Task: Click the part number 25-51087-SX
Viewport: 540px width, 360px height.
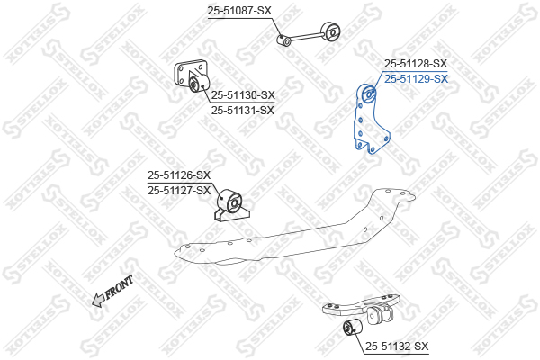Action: pyautogui.click(x=239, y=11)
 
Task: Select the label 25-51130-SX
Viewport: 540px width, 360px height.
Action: pyautogui.click(x=243, y=95)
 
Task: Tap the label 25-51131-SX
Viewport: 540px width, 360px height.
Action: pyautogui.click(x=243, y=111)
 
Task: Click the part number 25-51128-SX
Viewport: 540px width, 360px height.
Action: pyautogui.click(x=416, y=63)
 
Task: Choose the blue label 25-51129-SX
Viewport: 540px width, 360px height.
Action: pyautogui.click(x=416, y=79)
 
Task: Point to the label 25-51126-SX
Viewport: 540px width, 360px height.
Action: pyautogui.click(x=179, y=175)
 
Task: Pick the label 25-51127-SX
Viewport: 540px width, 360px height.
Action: pyautogui.click(x=179, y=190)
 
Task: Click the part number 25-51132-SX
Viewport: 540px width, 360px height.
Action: pyautogui.click(x=397, y=346)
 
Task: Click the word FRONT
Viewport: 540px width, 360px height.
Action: pyautogui.click(x=119, y=286)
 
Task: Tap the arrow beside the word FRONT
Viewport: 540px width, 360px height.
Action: pyautogui.click(x=98, y=300)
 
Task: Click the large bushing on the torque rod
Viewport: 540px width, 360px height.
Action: pyautogui.click(x=330, y=32)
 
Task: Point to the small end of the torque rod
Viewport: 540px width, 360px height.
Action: pyautogui.click(x=284, y=40)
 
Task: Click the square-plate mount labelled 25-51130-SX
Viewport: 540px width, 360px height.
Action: pyautogui.click(x=192, y=76)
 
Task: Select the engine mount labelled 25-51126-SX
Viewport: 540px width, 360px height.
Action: pyautogui.click(x=230, y=205)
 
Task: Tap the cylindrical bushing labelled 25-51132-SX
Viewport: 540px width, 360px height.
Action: pyautogui.click(x=353, y=328)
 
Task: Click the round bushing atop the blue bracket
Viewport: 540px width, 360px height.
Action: pyautogui.click(x=370, y=93)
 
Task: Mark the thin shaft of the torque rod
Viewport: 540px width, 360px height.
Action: pyautogui.click(x=306, y=37)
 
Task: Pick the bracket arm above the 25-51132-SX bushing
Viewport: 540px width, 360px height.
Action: pyautogui.click(x=362, y=306)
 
